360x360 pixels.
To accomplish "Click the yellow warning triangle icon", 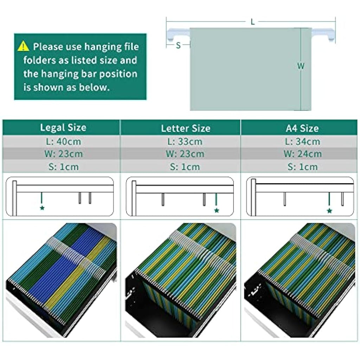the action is coord(23,46).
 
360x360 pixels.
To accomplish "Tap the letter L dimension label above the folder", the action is coord(253,22).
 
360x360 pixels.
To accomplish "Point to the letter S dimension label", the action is coord(178,45).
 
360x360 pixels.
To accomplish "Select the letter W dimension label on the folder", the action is coord(301,66).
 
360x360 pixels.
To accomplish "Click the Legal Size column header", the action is coord(63,127).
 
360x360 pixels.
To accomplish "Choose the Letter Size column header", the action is coord(186,128).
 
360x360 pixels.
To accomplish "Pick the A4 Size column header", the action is coord(302,128).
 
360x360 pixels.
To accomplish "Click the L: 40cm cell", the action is coord(63,141).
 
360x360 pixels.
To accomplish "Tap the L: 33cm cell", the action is coord(185,141).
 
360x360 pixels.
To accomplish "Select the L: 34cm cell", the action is coord(302,141).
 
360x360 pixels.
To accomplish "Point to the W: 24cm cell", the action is coord(303,154).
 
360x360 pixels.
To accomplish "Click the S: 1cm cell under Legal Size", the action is coord(64,167).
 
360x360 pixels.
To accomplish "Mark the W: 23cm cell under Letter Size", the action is coord(185,154).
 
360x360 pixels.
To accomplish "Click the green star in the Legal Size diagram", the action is coord(42,208).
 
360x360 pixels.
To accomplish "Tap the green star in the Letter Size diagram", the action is coord(217,210).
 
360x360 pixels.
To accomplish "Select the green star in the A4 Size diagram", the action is coord(329,211).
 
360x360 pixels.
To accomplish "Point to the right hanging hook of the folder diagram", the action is coord(323,34).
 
